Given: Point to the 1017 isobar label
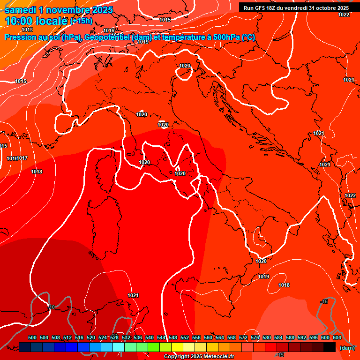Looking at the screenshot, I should [x=22, y=158].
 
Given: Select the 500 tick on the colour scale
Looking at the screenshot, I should [x=32, y=337].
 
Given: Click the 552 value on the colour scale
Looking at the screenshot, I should [x=185, y=337].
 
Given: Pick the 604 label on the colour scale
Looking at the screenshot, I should [x=337, y=337].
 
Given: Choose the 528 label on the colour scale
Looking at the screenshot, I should [x=114, y=337].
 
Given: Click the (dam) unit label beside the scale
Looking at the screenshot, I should [x=347, y=348].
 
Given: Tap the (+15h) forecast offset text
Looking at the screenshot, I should [x=81, y=21].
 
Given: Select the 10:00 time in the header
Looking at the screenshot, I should [x=19, y=21].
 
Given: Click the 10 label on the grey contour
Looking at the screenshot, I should [x=52, y=307].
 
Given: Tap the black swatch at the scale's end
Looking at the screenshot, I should [x=330, y=347].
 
